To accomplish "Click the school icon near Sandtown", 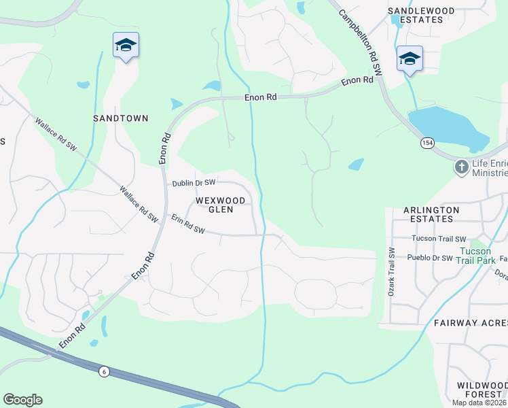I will pyautogui.click(x=126, y=46).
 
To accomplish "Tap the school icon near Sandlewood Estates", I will pyautogui.click(x=410, y=59).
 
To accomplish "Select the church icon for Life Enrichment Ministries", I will pyautogui.click(x=461, y=167).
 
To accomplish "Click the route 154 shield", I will pyautogui.click(x=427, y=143).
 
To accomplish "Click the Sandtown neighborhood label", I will pyautogui.click(x=120, y=118).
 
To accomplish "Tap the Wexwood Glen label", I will pyautogui.click(x=215, y=205).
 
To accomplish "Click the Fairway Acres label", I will pyautogui.click(x=471, y=323).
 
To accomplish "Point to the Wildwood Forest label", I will pyautogui.click(x=482, y=390).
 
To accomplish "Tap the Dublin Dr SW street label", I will pyautogui.click(x=194, y=183).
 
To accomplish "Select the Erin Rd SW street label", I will pyautogui.click(x=187, y=225).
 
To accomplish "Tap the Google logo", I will pyautogui.click(x=22, y=400).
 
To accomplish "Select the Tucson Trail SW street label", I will pyautogui.click(x=439, y=239).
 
